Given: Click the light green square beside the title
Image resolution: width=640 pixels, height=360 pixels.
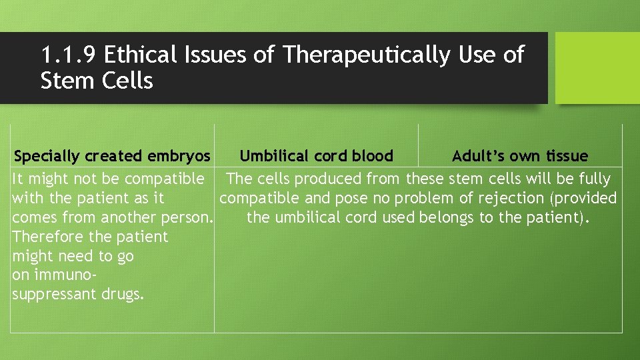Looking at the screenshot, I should [597, 68].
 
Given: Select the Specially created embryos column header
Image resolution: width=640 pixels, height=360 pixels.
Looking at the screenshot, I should [112, 157].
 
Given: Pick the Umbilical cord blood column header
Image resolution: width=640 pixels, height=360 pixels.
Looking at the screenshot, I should [316, 157].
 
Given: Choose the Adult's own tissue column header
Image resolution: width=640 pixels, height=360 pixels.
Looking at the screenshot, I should [519, 157].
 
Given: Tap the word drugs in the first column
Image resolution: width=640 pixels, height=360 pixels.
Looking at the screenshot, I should [124, 295].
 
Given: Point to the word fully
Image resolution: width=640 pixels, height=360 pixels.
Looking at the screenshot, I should [593, 179].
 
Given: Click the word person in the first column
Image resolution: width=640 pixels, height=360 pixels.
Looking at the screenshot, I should [189, 217].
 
